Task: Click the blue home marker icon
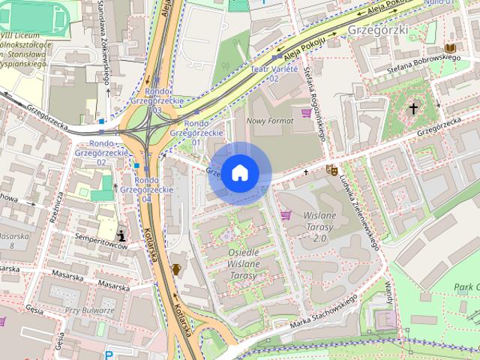[239, 173]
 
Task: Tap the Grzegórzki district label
[377, 29]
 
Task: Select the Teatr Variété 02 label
[269, 73]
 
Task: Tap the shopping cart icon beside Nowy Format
[306, 113]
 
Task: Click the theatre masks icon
[331, 170]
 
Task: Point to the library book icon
[449, 49]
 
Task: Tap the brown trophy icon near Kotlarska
[176, 268]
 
